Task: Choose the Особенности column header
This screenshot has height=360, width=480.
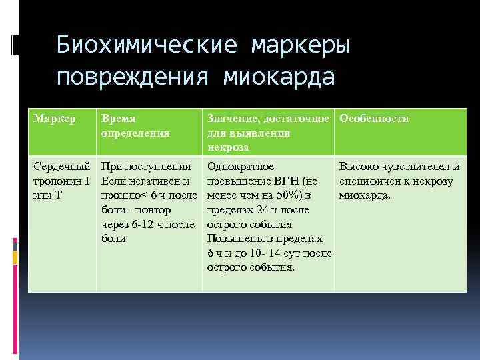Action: pos(374,119)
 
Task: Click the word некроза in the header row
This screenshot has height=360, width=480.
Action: pos(228,147)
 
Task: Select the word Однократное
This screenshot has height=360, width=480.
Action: pos(241,167)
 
